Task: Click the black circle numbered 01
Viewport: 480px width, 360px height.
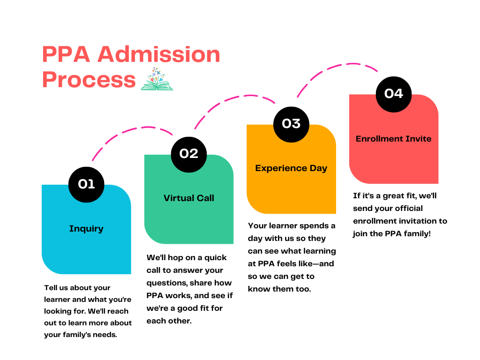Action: (x=86, y=184)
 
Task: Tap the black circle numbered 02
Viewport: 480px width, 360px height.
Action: (x=188, y=154)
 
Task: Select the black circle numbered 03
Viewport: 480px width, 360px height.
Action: (x=291, y=124)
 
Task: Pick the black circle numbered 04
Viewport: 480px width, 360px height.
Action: (x=393, y=94)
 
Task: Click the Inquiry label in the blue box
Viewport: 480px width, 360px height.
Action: (x=86, y=229)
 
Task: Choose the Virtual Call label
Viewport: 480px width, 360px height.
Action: (x=189, y=198)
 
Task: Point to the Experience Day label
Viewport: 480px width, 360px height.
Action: (x=291, y=168)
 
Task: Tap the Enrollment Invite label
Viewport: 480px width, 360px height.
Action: (x=393, y=139)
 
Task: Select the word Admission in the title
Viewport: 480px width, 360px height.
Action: (x=159, y=55)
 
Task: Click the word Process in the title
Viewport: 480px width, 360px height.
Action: (x=89, y=80)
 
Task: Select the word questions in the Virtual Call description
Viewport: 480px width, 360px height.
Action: (x=165, y=283)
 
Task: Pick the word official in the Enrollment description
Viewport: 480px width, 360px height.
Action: (x=405, y=208)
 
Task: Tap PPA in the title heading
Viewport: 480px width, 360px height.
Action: (x=66, y=55)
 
